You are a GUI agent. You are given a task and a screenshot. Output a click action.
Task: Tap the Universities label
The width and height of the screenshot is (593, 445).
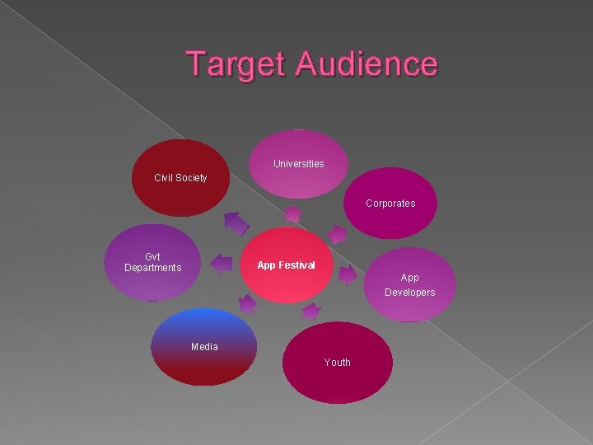pyautogui.click(x=298, y=164)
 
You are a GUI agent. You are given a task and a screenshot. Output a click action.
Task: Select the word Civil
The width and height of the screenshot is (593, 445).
pyautogui.click(x=166, y=178)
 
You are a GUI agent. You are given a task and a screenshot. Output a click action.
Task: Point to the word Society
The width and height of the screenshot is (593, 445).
pyautogui.click(x=193, y=178)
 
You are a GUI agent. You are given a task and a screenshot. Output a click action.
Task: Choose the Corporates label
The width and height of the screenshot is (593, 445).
pyautogui.click(x=390, y=204)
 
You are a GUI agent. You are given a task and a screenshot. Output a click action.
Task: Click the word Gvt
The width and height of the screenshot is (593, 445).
pyautogui.click(x=152, y=256)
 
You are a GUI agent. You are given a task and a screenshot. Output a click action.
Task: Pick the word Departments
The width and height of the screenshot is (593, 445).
pyautogui.click(x=152, y=268)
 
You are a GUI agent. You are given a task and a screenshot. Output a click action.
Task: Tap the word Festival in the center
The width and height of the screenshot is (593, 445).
pyautogui.click(x=297, y=265)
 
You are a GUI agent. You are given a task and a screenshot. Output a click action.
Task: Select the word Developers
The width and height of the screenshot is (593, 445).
pyautogui.click(x=409, y=293)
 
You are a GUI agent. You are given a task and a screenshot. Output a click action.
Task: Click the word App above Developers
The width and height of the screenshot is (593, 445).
pyautogui.click(x=409, y=278)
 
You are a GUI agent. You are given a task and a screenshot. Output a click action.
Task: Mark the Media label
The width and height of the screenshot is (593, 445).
pyautogui.click(x=204, y=347)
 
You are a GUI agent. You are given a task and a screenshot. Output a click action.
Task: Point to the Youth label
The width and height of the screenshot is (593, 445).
pyautogui.click(x=337, y=363)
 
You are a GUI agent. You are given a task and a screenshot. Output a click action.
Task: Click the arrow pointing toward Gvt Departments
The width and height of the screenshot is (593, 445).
pyautogui.click(x=221, y=264)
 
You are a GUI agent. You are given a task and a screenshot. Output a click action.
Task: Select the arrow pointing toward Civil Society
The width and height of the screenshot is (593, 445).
pyautogui.click(x=236, y=222)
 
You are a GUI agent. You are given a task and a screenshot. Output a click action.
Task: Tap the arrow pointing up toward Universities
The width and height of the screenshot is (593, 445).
pyautogui.click(x=292, y=214)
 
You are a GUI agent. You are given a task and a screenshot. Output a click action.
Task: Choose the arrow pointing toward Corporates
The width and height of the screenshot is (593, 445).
pyautogui.click(x=336, y=234)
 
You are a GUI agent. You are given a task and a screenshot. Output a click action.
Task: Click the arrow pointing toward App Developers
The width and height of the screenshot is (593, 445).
pyautogui.click(x=348, y=274)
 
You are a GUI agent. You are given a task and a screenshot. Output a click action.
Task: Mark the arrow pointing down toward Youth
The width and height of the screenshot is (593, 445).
pyautogui.click(x=311, y=310)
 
